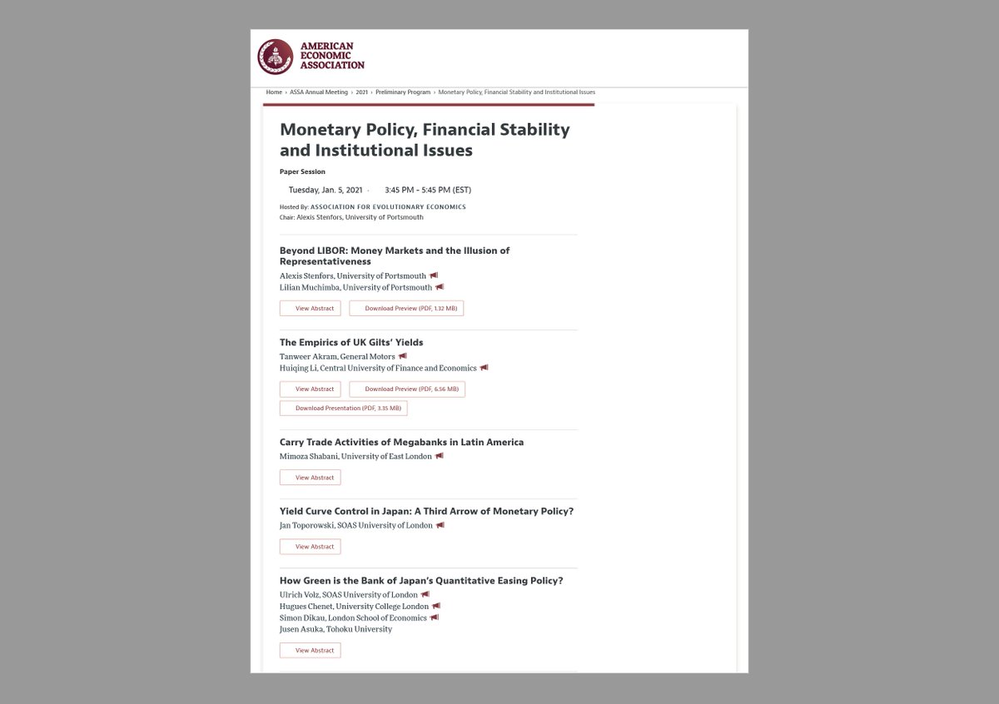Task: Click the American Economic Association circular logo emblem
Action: click(275, 57)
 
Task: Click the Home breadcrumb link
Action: click(274, 92)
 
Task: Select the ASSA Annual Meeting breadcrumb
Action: click(319, 92)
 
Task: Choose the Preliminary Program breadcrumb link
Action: click(403, 92)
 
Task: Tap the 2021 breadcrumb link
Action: click(361, 92)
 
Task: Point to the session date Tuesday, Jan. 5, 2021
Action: click(325, 190)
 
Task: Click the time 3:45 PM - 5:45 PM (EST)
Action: click(428, 190)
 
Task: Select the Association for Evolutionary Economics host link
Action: click(388, 206)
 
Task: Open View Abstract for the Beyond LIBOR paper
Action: click(311, 309)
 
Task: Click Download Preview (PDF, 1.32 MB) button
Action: click(406, 309)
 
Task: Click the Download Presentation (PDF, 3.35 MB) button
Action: click(344, 409)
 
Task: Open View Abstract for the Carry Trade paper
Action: click(311, 478)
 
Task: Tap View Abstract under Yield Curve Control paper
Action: click(311, 547)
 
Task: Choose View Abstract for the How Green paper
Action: click(311, 651)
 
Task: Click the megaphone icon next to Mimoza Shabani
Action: click(440, 456)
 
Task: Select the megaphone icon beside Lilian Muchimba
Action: click(440, 287)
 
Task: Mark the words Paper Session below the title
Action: click(302, 171)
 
